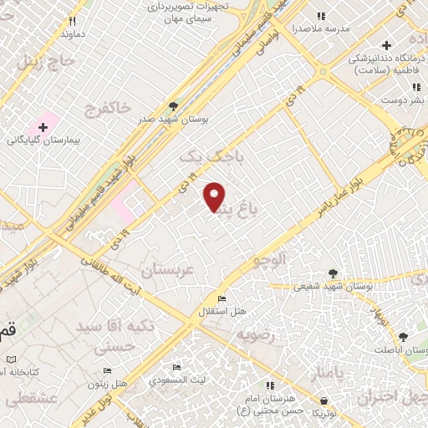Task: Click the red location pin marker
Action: click(x=216, y=196)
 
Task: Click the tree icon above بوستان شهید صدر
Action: click(x=173, y=106)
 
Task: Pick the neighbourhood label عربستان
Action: click(x=166, y=271)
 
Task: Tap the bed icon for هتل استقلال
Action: click(x=221, y=299)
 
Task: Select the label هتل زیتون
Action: click(x=108, y=383)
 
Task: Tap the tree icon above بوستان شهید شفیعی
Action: click(x=334, y=273)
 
